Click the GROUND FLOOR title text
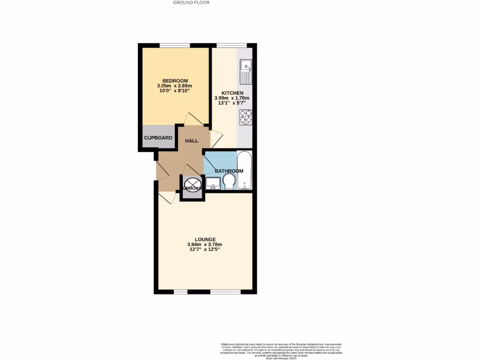click(x=191, y=2)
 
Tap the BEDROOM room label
click(x=175, y=81)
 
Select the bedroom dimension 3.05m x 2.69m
click(x=175, y=86)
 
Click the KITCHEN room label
click(x=232, y=93)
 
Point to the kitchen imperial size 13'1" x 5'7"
click(x=232, y=104)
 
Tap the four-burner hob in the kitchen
click(x=246, y=117)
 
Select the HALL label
click(x=191, y=141)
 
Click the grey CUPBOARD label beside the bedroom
click(x=158, y=138)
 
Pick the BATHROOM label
click(x=229, y=171)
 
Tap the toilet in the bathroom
click(x=229, y=182)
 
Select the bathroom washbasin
click(x=213, y=183)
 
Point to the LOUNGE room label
click(x=206, y=240)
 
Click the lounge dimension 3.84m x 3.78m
click(x=206, y=245)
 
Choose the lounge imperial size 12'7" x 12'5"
click(x=206, y=250)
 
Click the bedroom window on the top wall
click(x=174, y=45)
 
